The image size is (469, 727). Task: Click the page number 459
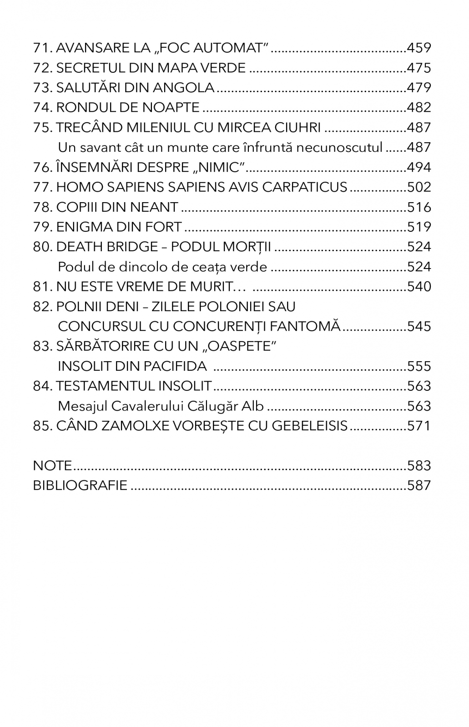(419, 48)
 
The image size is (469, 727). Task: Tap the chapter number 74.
(42, 108)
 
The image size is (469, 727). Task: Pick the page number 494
(419, 168)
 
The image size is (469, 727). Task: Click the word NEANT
(154, 207)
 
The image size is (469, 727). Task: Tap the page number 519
(419, 227)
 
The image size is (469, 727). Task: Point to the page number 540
(419, 287)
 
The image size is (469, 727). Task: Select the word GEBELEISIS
(309, 426)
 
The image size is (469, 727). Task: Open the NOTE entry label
(52, 466)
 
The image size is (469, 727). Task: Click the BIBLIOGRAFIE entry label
(80, 486)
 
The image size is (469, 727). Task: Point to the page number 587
(419, 486)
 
